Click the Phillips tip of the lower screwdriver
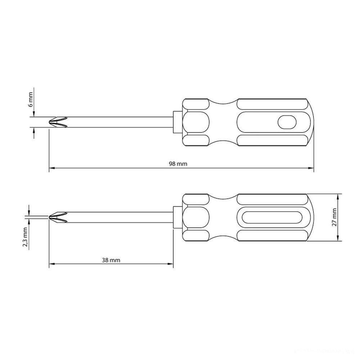58,217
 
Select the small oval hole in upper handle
287,122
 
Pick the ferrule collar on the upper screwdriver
177,122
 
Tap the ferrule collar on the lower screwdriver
177,217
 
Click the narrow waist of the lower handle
222,217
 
